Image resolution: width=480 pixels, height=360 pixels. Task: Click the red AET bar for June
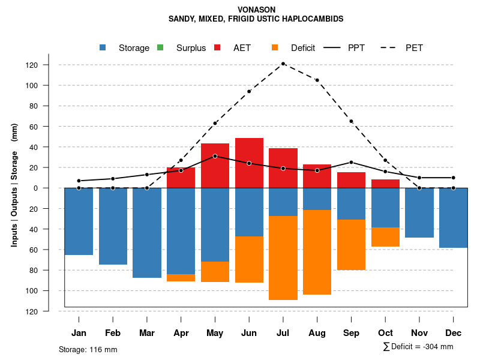pos(249,163)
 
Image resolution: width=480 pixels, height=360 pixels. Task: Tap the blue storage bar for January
pos(79,221)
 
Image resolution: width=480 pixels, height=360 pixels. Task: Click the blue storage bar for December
pos(454,218)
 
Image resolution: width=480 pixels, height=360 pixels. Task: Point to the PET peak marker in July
pos(283,64)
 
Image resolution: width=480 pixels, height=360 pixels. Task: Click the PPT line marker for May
pos(215,156)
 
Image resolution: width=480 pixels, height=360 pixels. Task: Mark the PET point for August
pos(317,80)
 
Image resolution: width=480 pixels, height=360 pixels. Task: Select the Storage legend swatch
pos(103,48)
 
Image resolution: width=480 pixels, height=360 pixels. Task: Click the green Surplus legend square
pos(160,48)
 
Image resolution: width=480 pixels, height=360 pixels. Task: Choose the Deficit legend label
pos(303,48)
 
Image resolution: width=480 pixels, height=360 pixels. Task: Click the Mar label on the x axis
pos(147,333)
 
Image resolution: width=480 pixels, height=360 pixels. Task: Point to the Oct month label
pos(385,333)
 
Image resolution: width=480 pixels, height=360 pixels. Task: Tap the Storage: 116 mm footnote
pos(88,349)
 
